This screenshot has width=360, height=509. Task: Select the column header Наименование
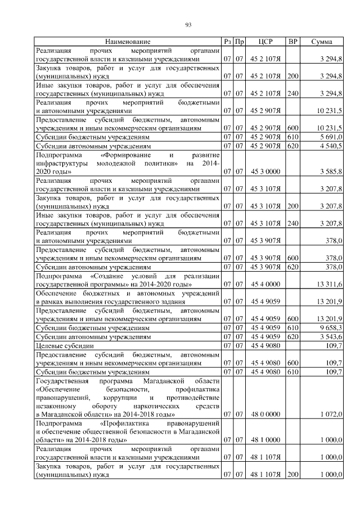tap(128, 42)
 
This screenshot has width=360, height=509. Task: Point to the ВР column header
tap(292, 42)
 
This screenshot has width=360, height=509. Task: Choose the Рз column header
tap(227, 42)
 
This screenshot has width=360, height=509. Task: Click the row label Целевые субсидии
tap(64, 345)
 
